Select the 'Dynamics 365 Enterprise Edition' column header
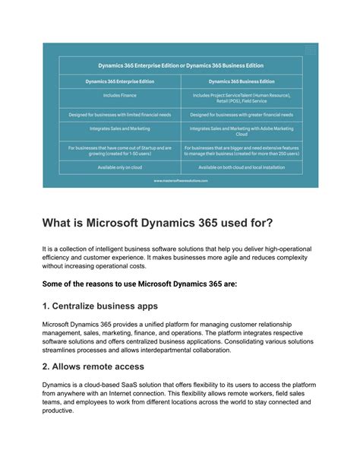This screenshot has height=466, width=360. (119, 81)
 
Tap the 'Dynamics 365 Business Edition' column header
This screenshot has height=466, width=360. (241, 81)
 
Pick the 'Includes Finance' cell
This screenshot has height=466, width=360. (119, 96)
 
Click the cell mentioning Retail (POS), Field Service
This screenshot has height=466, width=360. (241, 97)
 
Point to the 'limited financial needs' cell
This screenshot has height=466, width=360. (119, 115)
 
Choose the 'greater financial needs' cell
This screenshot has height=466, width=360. (241, 115)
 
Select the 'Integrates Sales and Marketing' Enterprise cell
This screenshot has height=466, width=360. (119, 130)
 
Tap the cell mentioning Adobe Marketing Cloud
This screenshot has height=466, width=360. (241, 132)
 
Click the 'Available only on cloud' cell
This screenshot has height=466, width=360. (119, 167)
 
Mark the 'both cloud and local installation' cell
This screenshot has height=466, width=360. (241, 167)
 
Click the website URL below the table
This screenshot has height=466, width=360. (180, 181)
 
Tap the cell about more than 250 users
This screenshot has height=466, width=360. (241, 151)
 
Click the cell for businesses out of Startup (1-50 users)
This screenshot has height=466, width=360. (119, 151)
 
